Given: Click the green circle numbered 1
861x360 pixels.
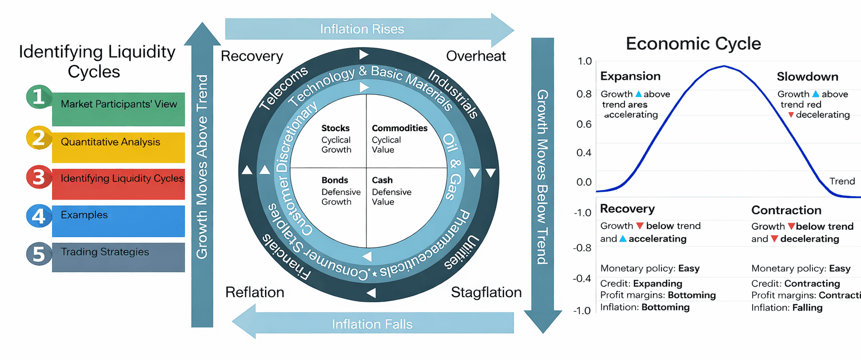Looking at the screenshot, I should click(38, 97).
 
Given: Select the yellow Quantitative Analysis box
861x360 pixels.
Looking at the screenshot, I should click(118, 142).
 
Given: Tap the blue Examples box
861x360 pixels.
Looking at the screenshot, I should click(118, 215).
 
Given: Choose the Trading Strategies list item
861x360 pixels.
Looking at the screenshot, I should click(118, 252).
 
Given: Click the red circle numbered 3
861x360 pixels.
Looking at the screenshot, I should click(38, 178).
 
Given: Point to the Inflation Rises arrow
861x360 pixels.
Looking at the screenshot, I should click(362, 29).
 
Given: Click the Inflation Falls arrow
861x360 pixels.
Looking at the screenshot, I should click(372, 324).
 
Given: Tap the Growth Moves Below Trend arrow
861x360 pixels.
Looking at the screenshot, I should click(542, 177).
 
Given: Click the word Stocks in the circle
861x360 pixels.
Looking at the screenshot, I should click(336, 128).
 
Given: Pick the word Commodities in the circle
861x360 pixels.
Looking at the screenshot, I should click(400, 128).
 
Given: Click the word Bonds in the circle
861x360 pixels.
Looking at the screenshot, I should click(335, 181).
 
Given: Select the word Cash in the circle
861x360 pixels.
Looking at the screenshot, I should click(382, 181).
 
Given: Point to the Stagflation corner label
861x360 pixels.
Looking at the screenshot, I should click(486, 292).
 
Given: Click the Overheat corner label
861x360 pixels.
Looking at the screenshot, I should click(476, 56).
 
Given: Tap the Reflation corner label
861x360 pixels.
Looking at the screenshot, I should click(254, 292).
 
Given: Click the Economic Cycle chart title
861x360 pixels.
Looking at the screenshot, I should click(693, 44).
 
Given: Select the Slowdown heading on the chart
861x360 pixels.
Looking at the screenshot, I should click(807, 77).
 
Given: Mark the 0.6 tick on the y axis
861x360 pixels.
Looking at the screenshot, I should click(584, 123).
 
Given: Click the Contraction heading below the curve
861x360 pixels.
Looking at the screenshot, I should click(786, 210).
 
